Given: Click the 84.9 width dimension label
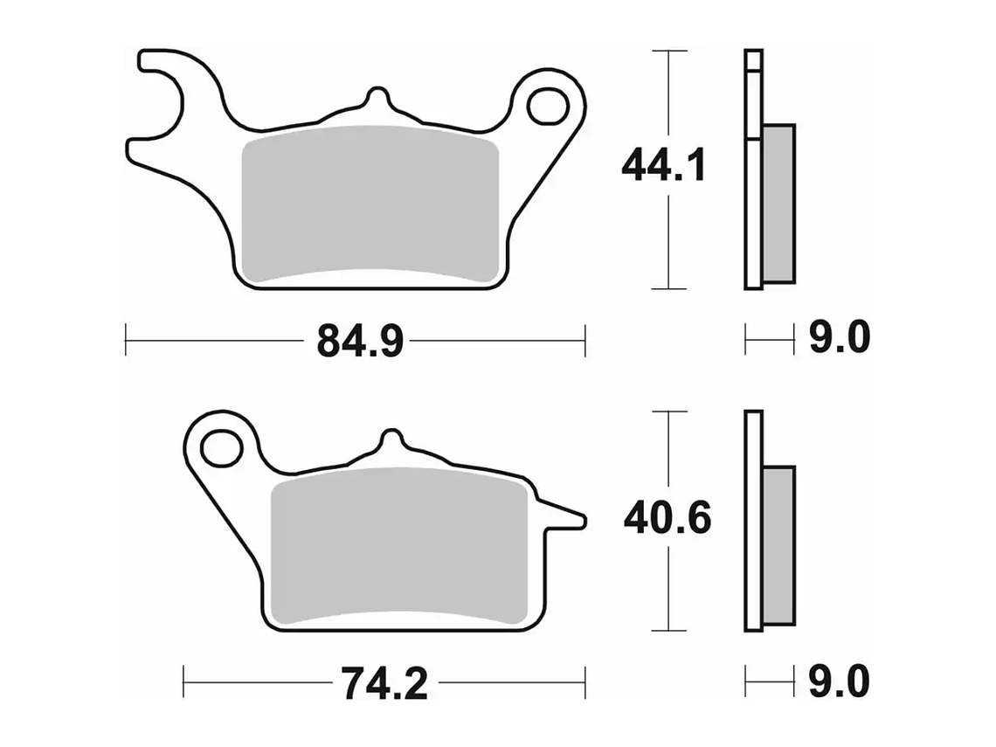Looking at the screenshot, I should tap(359, 340).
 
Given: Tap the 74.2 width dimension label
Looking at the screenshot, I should tap(384, 684).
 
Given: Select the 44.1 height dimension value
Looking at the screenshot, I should tap(663, 165).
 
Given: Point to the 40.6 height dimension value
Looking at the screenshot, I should tap(667, 519).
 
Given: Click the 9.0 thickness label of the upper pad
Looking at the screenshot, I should tap(838, 337).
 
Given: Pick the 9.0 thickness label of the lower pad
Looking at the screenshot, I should tap(838, 682).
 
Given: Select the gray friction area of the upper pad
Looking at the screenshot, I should tap(369, 204).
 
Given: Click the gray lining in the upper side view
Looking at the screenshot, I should tap(778, 203).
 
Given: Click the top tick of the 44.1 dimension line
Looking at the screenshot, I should tap(668, 52).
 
